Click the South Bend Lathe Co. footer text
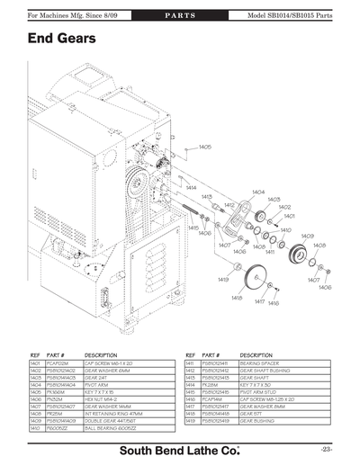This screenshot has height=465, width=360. [x=180, y=448]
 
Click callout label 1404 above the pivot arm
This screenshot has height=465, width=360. [x=258, y=192]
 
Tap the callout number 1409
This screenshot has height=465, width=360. [x=306, y=235]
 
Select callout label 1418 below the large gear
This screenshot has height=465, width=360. [x=237, y=298]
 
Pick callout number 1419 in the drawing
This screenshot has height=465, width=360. [x=223, y=280]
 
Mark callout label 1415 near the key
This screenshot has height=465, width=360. [x=193, y=228]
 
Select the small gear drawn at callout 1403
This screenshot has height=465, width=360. [x=264, y=219]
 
